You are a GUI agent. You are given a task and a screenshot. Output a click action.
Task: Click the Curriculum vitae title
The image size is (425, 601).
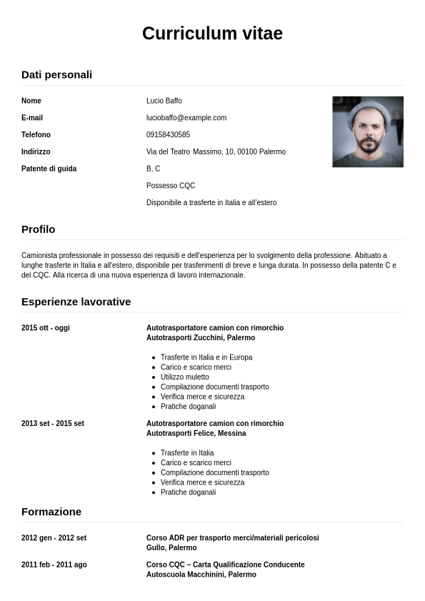pos(212,33)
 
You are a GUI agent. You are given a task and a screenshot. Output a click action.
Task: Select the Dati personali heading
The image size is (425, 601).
pos(56,74)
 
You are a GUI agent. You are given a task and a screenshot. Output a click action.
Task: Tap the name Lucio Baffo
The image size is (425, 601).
pos(164,101)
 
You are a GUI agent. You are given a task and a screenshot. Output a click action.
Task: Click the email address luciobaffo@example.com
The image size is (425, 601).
pos(186,118)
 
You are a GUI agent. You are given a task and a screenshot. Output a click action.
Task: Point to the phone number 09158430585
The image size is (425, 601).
pos(168,135)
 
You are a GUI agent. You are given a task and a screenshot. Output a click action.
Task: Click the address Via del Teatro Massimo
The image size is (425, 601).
pos(216,152)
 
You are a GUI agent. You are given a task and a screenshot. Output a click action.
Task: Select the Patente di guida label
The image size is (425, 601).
pos(49,169)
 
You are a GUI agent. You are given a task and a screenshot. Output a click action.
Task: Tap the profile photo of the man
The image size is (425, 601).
pos(367,132)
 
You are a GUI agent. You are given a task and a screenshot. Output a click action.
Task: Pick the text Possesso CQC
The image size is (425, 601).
pos(170,186)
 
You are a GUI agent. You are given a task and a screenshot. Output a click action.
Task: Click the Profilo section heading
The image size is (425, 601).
pos(38,229)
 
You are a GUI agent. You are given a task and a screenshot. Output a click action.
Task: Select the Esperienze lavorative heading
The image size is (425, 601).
pos(76,302)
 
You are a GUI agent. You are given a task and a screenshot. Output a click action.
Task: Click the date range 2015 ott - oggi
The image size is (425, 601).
pos(46,328)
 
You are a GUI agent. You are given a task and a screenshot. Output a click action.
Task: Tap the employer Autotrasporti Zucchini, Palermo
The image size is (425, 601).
pos(200,338)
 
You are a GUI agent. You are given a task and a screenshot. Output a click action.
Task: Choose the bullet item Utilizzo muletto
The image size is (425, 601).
pos(184,377)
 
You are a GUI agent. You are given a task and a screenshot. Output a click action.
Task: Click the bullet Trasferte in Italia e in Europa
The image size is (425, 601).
pos(206,357)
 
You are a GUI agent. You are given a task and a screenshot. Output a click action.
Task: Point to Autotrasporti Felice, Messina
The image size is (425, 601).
pos(196,434)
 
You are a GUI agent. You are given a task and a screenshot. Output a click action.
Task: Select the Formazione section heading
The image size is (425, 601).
pos(51,512)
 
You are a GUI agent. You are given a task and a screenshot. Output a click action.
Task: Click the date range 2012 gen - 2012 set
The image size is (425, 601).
pos(54,538)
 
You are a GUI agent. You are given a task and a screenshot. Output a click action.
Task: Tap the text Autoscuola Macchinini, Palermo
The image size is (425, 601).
pos(201,575)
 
